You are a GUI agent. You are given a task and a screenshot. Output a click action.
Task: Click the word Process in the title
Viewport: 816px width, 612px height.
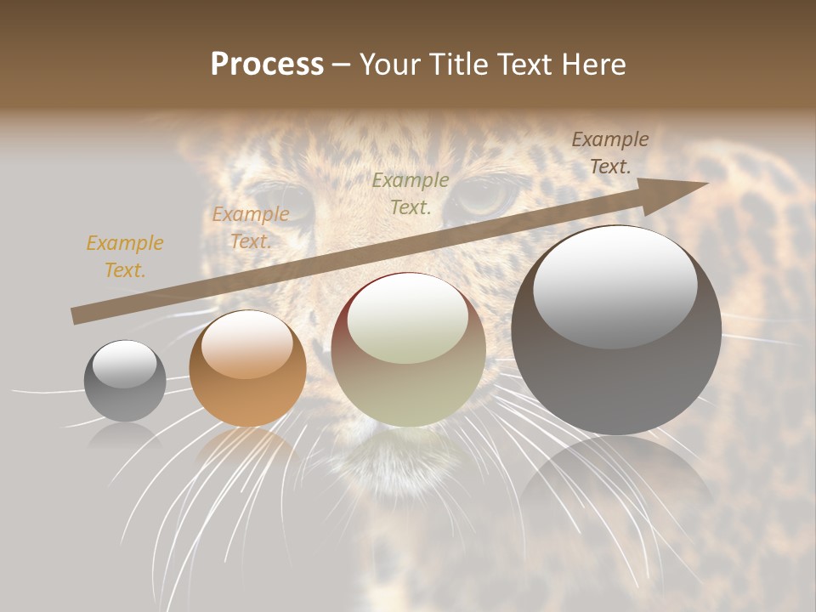(x=267, y=65)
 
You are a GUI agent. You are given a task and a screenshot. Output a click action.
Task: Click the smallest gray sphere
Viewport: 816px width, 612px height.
(x=125, y=381)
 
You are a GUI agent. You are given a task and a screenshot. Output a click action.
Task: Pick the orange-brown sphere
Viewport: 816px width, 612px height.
(x=247, y=369)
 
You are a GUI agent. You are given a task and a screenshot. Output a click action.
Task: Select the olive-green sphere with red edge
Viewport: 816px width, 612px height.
(x=408, y=350)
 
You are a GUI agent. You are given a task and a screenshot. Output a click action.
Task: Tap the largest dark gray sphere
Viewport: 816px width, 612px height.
(x=616, y=331)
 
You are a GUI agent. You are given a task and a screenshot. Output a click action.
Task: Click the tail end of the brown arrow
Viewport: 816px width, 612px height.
(x=76, y=315)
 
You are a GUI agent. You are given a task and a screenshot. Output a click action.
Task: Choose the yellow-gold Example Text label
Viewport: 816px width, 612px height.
(x=125, y=256)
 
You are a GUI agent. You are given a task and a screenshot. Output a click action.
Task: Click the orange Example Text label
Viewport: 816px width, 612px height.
(x=251, y=228)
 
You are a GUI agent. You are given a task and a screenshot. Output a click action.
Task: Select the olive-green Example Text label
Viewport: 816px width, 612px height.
(x=411, y=193)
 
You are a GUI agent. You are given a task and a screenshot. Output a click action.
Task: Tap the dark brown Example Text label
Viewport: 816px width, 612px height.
(x=609, y=152)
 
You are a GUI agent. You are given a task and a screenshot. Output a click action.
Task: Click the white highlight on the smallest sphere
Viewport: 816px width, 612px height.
(x=124, y=364)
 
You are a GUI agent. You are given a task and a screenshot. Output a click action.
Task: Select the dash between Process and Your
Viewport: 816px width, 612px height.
(x=342, y=65)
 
